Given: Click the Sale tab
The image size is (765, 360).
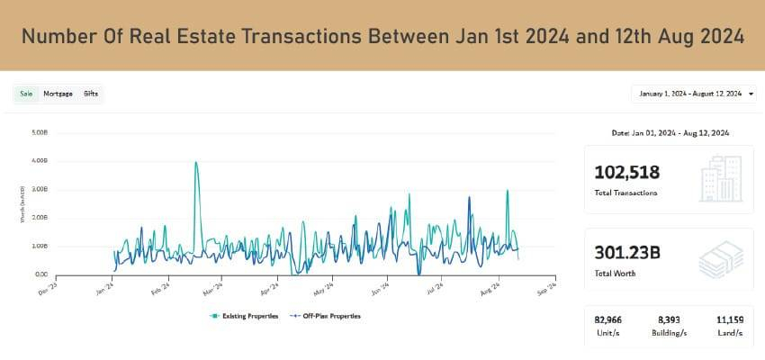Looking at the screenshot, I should [25, 94].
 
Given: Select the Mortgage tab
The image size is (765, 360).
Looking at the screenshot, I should [58, 94].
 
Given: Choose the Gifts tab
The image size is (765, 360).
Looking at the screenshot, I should [91, 94].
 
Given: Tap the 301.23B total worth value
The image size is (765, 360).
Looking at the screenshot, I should [627, 253].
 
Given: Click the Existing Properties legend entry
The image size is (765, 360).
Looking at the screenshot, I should [245, 316].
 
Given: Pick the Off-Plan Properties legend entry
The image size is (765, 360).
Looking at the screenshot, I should [326, 316].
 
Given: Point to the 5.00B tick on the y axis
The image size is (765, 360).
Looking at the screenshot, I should [39, 132].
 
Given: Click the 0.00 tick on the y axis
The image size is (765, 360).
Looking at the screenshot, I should [40, 274].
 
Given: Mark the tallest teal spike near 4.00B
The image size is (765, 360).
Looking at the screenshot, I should [196, 163].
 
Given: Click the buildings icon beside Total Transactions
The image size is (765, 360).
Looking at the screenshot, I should [720, 178].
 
